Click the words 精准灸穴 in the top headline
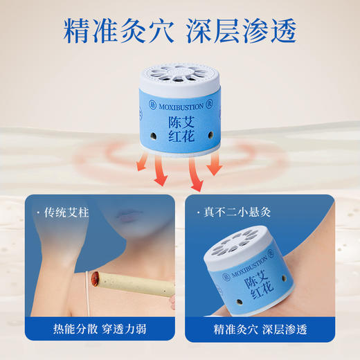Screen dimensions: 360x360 coord(116,30)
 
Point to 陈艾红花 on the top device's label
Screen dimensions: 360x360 coord(181,127)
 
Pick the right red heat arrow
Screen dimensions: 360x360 coord(213,165)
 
